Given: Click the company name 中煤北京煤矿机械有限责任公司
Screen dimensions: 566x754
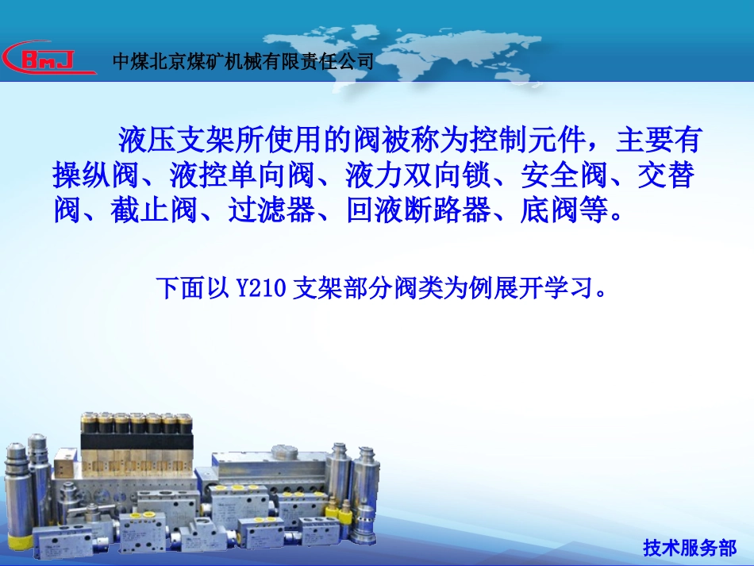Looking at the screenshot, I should (x=243, y=61).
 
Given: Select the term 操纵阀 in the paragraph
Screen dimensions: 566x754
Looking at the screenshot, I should (x=97, y=175).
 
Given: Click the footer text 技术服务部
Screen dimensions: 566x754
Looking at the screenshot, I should (x=690, y=548).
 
